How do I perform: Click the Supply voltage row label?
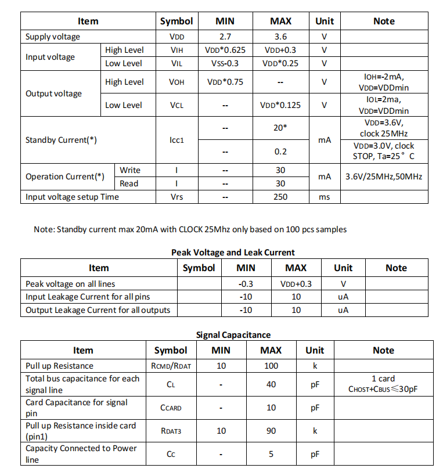tap(53, 37)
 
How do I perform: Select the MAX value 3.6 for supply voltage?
tap(280, 37)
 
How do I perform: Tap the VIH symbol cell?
tap(177, 50)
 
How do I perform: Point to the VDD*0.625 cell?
tap(225, 50)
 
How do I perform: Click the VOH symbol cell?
tap(177, 82)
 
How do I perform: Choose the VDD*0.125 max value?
tap(280, 105)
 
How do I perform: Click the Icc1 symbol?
tap(177, 140)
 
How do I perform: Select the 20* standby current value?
tap(280, 127)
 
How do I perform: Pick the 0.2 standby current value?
tap(280, 152)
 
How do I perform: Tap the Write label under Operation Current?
tap(129, 170)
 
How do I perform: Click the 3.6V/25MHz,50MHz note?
tap(383, 176)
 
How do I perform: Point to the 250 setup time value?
tap(280, 197)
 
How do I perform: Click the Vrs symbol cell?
tap(177, 197)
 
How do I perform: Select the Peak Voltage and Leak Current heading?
tap(233, 253)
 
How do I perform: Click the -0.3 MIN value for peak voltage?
tap(246, 284)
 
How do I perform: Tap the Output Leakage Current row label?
tap(98, 310)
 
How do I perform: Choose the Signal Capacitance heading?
tap(233, 335)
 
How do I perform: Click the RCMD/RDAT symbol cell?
tap(171, 366)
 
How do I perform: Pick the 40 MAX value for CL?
tap(271, 384)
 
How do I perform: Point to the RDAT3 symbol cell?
tap(171, 431)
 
